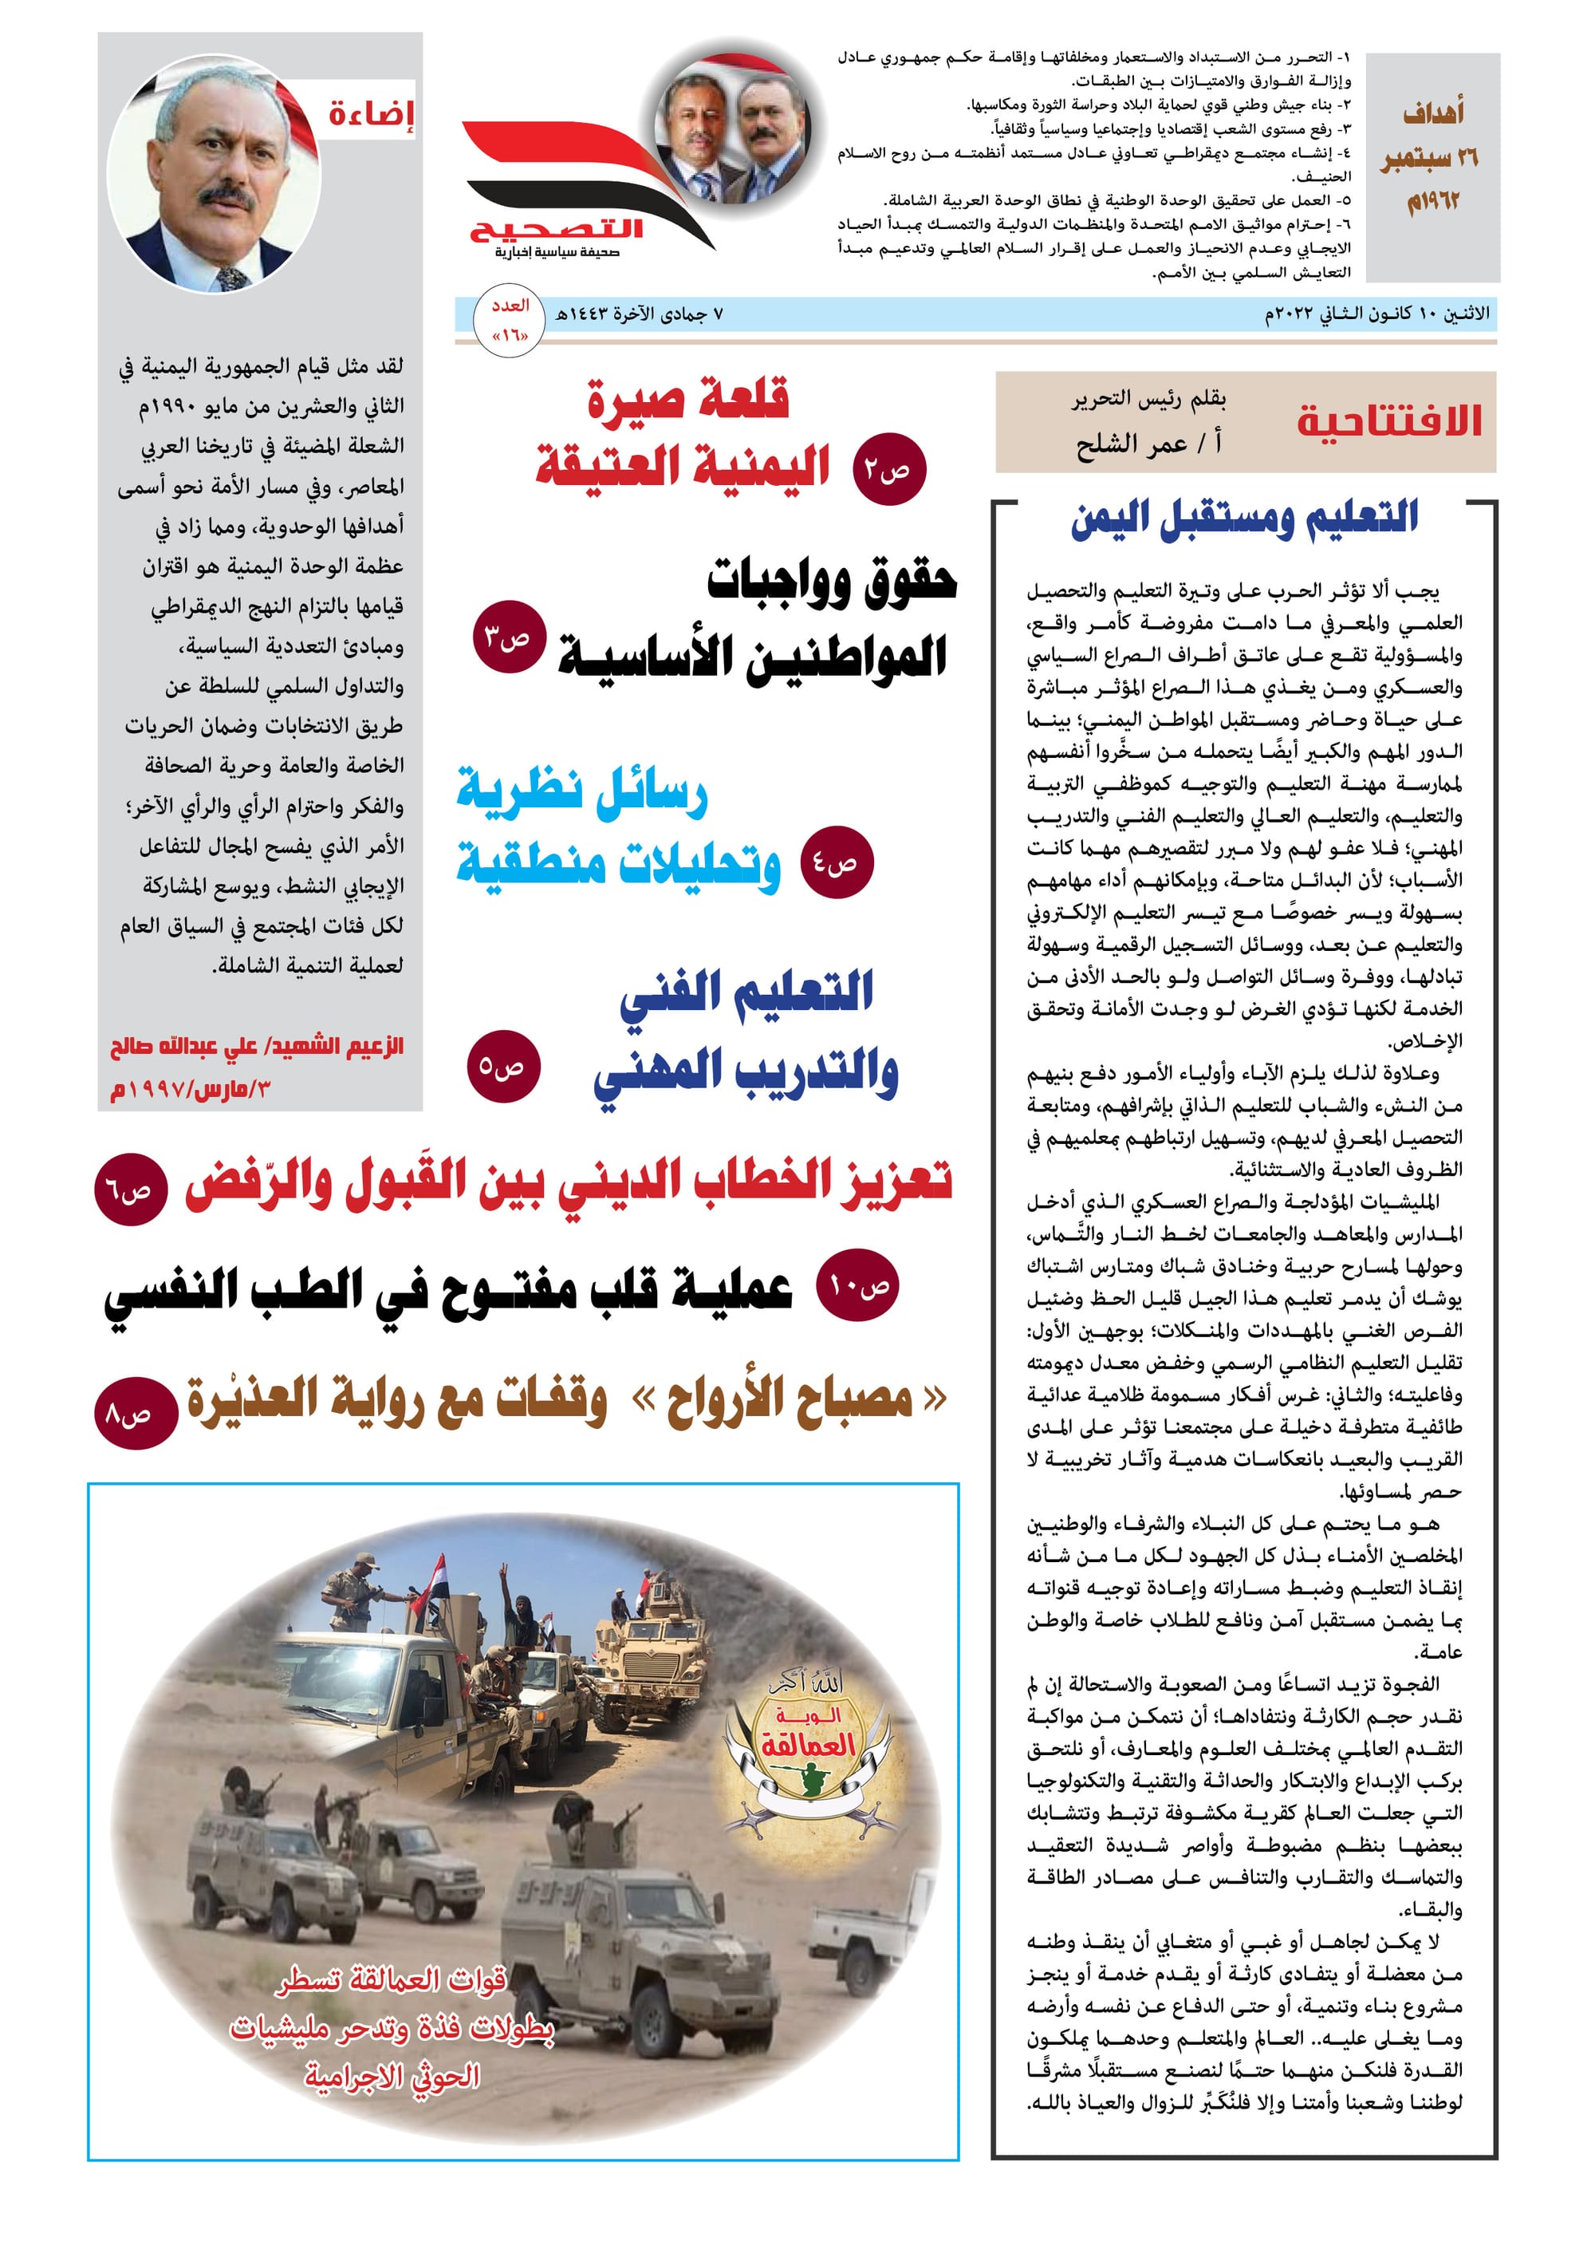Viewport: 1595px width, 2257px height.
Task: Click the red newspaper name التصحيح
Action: pos(556,229)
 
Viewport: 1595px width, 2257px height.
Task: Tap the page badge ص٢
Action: pos(888,470)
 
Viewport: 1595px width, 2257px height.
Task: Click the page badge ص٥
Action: pos(502,1066)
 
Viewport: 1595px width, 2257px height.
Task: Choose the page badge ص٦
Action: pos(130,1190)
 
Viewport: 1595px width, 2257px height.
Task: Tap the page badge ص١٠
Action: pos(858,1284)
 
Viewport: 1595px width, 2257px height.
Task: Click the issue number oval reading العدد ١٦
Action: pos(511,318)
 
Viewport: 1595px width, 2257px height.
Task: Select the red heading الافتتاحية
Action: pos(1388,420)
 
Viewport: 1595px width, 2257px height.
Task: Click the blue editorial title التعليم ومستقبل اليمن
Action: pos(1244,518)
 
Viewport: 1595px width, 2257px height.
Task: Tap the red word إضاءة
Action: pos(371,113)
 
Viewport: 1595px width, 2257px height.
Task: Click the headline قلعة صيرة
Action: pos(689,399)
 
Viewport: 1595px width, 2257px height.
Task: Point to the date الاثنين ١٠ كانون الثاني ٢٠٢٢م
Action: pos(1376,314)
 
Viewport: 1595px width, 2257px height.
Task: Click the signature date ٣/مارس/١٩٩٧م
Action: pos(191,1088)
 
